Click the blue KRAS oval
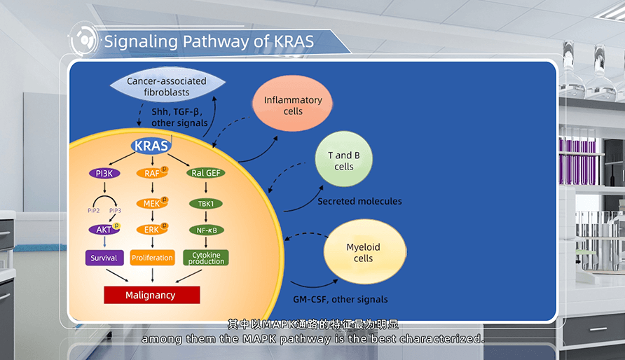pos(151,146)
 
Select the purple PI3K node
pos(104,173)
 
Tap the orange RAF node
pos(151,173)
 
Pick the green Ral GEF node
pos(206,173)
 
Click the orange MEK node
pos(151,203)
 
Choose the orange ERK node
pos(151,229)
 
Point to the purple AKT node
pos(103,229)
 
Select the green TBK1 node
pos(206,204)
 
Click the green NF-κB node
pos(206,229)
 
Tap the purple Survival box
pos(104,258)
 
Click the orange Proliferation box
pos(152,258)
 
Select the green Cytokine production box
pos(206,257)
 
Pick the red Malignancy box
pos(151,295)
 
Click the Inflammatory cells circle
pos(293,106)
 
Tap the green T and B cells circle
pos(343,160)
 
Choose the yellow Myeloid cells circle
pos(364,253)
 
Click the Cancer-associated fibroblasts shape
pos(167,86)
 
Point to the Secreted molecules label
pos(359,202)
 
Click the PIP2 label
pos(92,210)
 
